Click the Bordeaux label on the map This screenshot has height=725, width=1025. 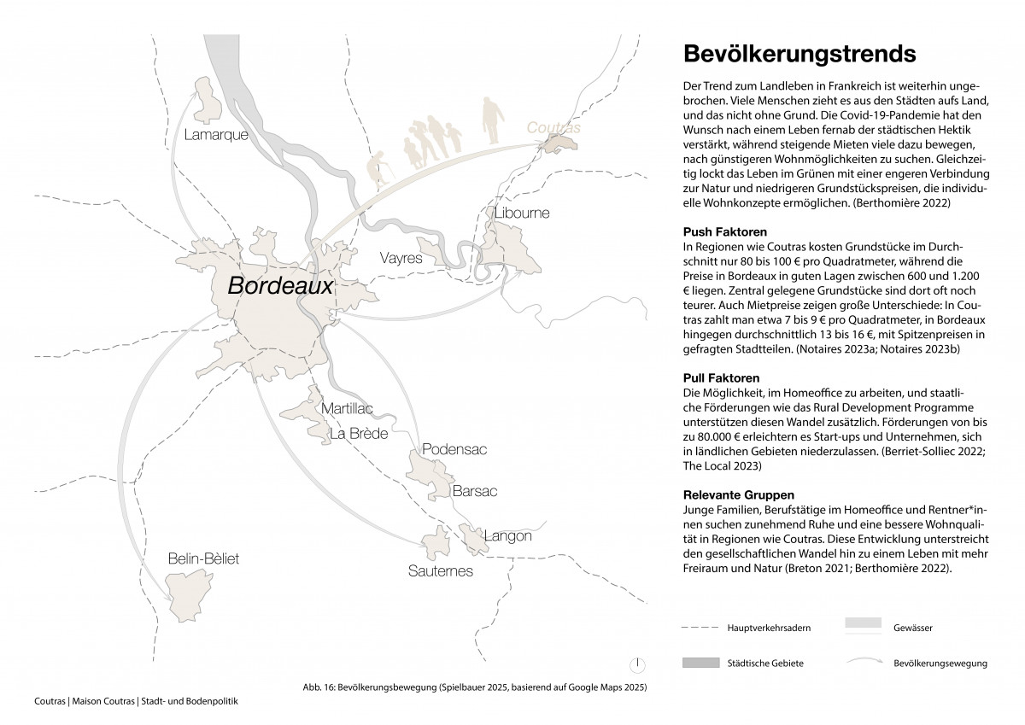280,286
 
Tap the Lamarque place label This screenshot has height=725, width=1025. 216,135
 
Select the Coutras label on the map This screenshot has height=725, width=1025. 553,127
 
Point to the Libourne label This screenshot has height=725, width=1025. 522,213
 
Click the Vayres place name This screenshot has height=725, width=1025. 401,256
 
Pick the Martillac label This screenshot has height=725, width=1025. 347,409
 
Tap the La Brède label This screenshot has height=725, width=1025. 359,434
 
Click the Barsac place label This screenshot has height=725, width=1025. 474,491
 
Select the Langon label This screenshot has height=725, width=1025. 507,536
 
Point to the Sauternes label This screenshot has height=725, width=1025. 440,570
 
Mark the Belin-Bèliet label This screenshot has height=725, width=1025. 203,558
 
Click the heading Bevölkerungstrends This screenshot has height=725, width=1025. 799,53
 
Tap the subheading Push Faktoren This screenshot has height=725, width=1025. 725,232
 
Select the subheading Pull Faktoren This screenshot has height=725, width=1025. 722,377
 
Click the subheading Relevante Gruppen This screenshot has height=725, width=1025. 740,494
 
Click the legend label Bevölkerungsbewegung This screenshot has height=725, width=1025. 940,663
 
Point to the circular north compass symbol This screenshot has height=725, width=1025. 637,664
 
